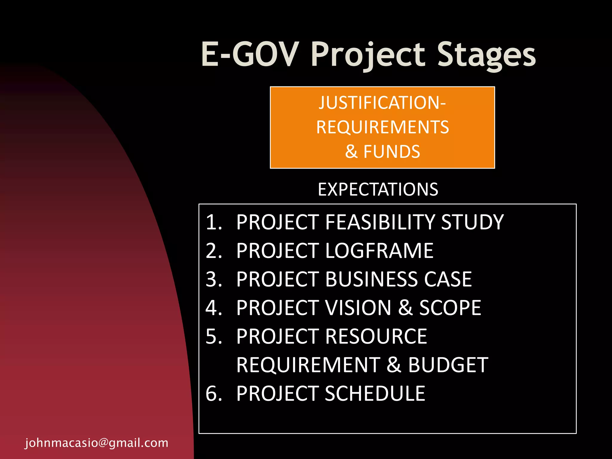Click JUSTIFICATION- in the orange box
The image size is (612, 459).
pos(382,103)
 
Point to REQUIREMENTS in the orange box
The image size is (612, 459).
pos(382,127)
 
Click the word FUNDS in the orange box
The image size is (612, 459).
pos(391,152)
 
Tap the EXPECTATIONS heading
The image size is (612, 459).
pos(378,189)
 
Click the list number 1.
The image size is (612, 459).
pos(214,222)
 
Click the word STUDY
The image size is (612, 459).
pos(472,222)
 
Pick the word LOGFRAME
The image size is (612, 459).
pos(379,251)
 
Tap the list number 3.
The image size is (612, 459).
pos(214,279)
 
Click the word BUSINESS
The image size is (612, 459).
pos(371,279)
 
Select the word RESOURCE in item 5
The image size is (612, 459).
pos(376,336)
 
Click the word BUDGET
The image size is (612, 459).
pos(448,365)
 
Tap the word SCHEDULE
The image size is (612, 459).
pos(375,394)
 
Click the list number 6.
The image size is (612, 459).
pos(214,394)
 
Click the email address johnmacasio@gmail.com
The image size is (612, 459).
pos(97,443)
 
